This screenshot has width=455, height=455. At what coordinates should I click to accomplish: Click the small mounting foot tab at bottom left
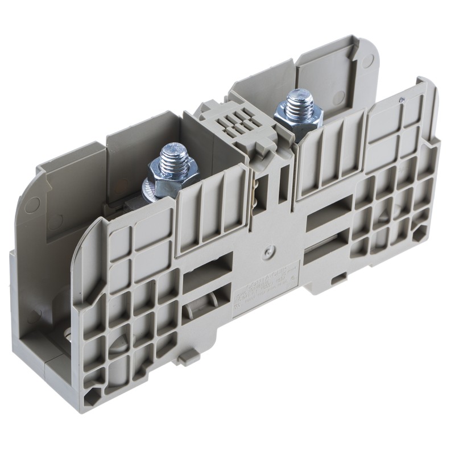188,358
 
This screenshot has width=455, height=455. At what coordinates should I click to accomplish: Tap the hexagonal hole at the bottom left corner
92,394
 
